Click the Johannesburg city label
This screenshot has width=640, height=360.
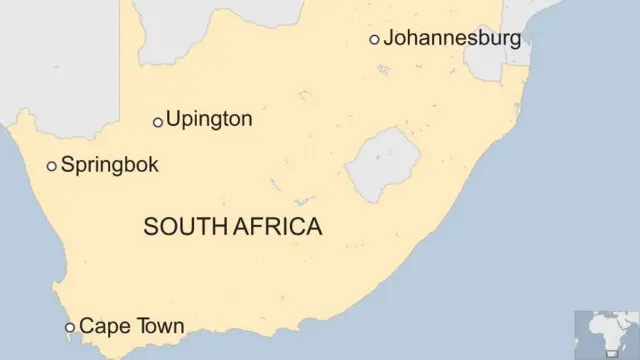[452, 39]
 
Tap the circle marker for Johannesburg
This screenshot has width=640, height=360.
[374, 40]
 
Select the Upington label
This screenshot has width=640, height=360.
[209, 120]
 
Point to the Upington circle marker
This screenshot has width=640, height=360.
[157, 122]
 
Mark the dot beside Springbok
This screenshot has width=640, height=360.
[52, 167]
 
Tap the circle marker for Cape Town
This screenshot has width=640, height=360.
[69, 327]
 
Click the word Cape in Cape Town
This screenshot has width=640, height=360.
[100, 326]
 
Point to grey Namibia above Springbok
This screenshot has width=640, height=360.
[60, 60]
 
